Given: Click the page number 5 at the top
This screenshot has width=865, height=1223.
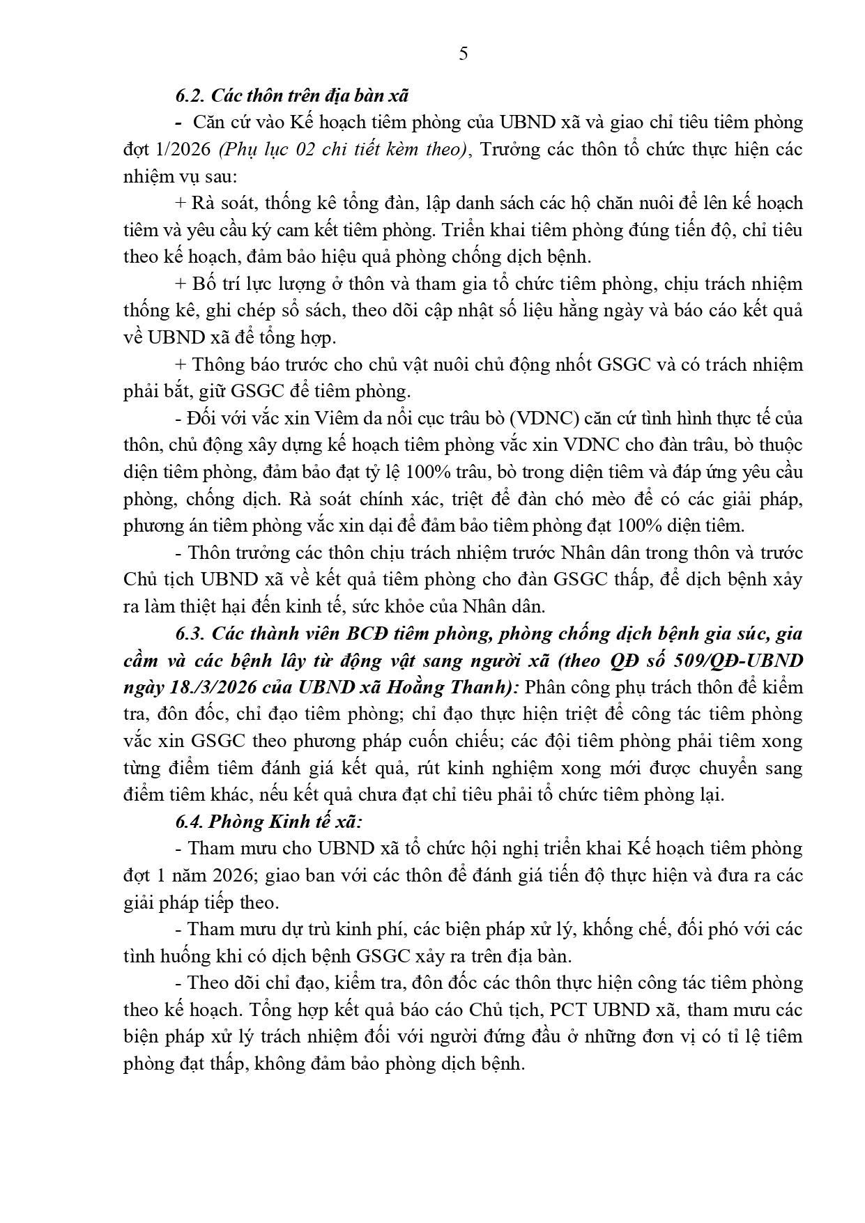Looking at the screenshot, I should click(464, 54).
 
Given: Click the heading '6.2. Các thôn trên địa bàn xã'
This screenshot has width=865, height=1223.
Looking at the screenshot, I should click(292, 95).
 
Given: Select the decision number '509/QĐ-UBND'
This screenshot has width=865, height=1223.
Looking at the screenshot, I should click(747, 660).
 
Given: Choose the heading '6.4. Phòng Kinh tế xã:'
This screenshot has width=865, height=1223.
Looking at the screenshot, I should click(268, 822).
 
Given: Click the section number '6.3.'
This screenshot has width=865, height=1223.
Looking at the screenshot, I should click(191, 633).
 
